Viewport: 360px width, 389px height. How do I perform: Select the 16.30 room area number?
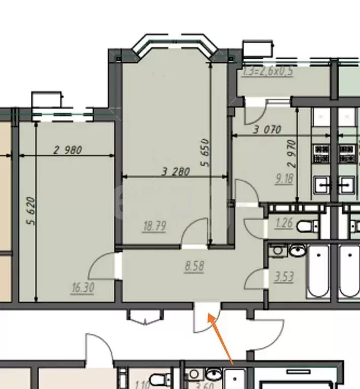(84, 288)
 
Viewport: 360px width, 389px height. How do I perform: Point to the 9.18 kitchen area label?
(284, 178)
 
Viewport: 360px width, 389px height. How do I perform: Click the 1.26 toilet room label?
(284, 222)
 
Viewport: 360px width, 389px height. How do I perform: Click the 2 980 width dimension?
(67, 150)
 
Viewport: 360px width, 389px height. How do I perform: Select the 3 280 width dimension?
(176, 172)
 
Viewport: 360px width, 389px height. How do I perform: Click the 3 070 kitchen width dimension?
(267, 130)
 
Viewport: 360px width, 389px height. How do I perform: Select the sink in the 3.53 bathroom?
(297, 250)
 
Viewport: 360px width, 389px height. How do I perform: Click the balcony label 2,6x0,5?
(268, 71)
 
